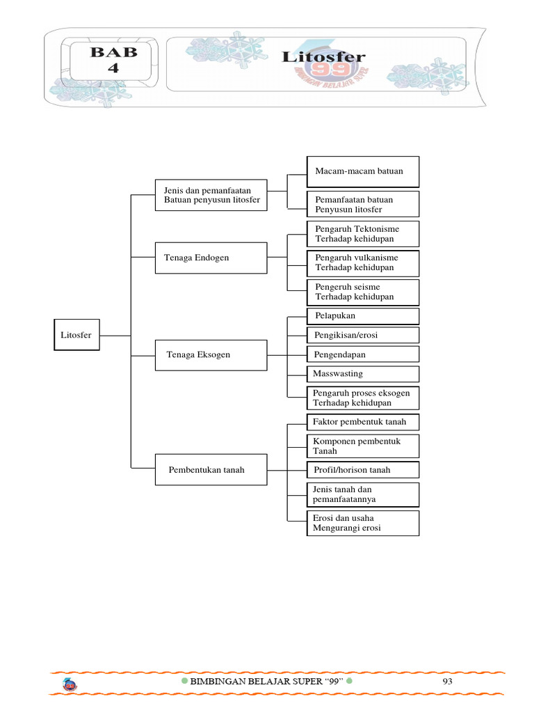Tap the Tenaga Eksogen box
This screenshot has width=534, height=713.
point(210,354)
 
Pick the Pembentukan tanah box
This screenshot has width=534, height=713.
point(210,470)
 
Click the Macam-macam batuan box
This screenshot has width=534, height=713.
point(363,171)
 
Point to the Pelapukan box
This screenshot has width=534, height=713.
point(363,316)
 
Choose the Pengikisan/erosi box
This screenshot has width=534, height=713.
point(363,335)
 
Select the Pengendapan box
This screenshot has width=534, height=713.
point(363,354)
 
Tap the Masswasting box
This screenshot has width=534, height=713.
point(363,374)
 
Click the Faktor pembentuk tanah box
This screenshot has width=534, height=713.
point(363,422)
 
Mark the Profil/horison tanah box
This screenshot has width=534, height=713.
point(363,470)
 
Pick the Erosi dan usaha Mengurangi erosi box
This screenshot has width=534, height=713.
point(363,523)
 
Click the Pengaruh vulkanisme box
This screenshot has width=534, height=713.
point(363,263)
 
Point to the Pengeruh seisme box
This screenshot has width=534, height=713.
point(363,292)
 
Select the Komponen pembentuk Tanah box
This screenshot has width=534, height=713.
point(363,446)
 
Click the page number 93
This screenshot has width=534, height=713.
point(447,682)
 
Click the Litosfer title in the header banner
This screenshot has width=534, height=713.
point(323,57)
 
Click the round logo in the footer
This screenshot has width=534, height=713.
point(70,685)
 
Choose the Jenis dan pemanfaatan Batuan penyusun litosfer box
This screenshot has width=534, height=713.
point(210,195)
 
